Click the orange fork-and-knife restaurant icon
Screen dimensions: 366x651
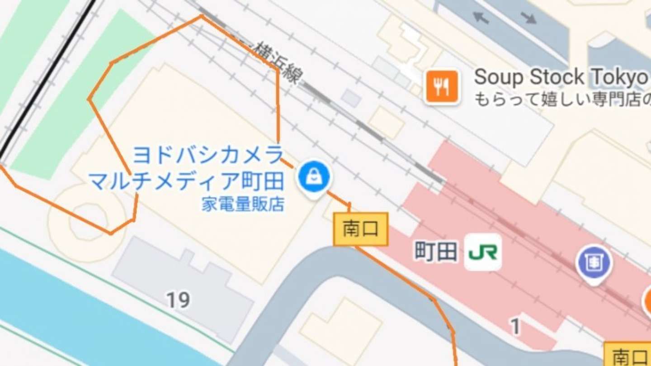(442, 86)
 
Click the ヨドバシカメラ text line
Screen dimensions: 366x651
(208, 156)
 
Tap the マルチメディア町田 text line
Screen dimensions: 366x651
(186, 181)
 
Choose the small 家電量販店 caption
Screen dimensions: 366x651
(243, 205)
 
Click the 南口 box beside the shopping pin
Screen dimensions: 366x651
(360, 229)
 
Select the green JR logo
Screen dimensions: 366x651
(483, 252)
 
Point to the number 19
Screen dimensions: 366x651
(178, 299)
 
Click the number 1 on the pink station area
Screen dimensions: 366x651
(515, 327)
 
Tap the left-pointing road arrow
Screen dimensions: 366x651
(481, 18)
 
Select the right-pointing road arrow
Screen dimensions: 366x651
(528, 18)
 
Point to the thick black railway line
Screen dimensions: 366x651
(45, 81)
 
